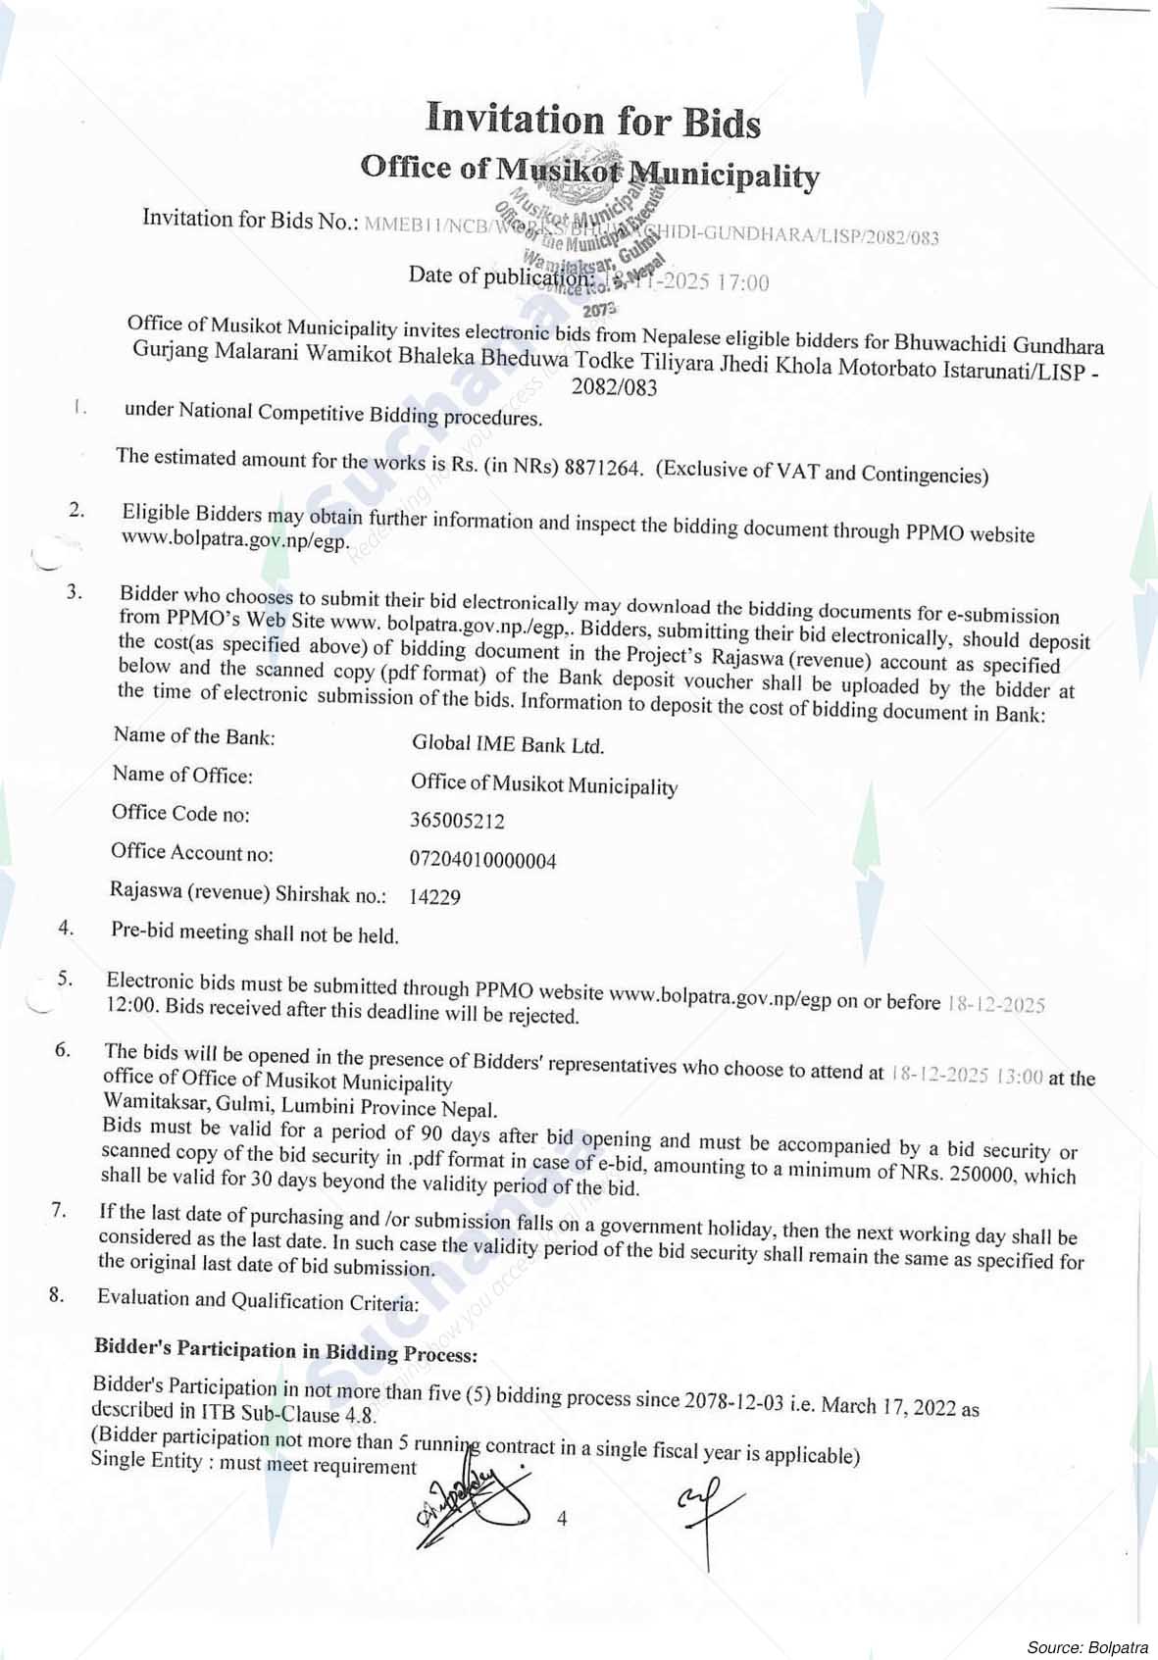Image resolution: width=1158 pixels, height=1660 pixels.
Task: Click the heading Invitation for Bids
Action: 593,120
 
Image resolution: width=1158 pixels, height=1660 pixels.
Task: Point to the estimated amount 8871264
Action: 603,468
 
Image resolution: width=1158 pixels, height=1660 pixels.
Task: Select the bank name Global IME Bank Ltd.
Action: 508,744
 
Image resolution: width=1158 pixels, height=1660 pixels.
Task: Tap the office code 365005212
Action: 458,821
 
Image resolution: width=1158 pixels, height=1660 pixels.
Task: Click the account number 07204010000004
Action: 482,861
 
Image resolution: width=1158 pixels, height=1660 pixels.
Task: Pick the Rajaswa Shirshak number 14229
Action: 434,896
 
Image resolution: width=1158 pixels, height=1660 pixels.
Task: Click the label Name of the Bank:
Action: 194,736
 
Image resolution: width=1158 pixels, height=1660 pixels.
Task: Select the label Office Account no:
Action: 191,852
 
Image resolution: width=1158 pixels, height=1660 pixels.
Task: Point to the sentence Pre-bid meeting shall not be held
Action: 255,932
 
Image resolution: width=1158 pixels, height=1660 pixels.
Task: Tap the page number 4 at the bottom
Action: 562,1519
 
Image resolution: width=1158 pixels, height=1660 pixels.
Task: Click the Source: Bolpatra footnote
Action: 1087,1645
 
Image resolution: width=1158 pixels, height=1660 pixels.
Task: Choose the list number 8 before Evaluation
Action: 57,1295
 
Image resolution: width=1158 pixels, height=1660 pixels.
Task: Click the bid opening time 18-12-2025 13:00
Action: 967,1075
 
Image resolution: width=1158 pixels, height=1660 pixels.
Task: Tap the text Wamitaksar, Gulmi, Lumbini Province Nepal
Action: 300,1108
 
